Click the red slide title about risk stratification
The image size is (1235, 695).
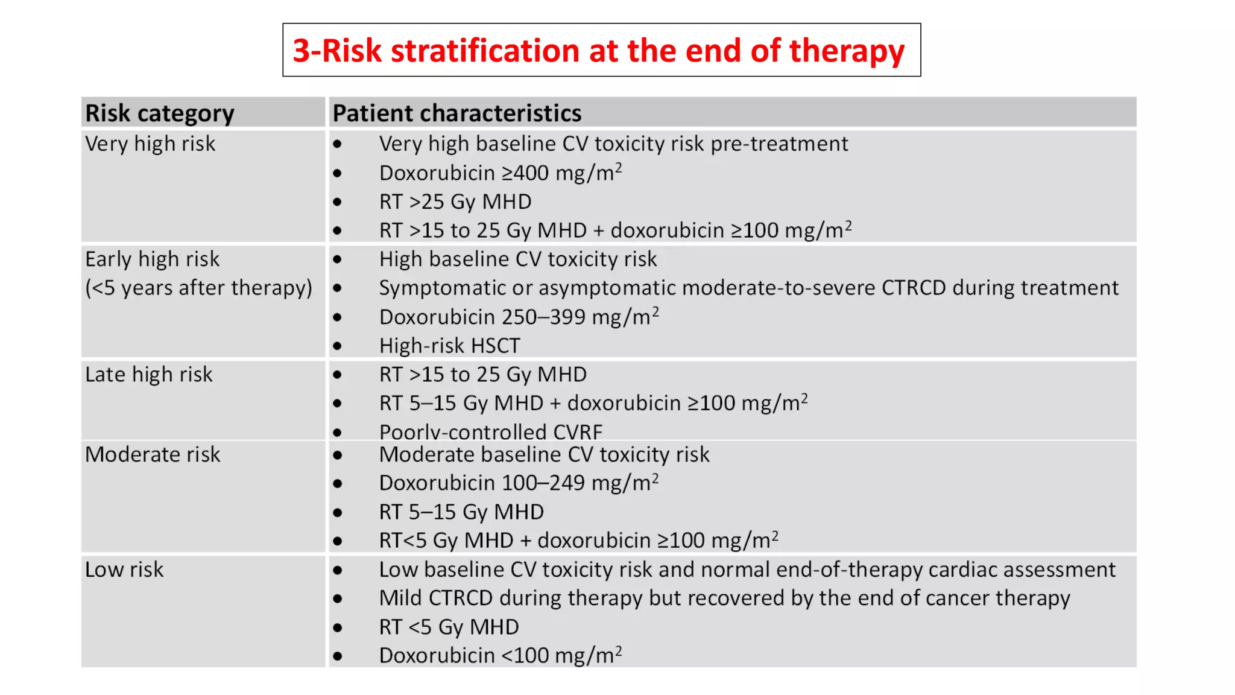pos(598,51)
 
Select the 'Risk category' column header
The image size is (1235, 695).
pos(160,113)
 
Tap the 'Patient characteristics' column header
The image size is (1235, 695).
pos(457,113)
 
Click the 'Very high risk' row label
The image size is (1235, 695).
pos(150,144)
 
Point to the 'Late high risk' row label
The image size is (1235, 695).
pos(149,375)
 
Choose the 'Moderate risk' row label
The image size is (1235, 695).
pos(153,454)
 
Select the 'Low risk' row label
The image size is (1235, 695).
pos(124,570)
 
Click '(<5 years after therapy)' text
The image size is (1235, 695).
pos(199,288)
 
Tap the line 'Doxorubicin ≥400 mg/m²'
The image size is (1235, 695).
pos(501,173)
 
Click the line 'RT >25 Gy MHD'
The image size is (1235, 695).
pos(455,202)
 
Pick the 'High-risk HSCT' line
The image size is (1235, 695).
pos(450,346)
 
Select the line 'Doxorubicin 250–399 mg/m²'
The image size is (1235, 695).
pos(519,317)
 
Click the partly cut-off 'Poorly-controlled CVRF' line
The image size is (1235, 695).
pos(491,432)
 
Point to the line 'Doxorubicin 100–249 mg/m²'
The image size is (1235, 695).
pos(519,483)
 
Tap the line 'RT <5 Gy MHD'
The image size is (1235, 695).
pos(449,627)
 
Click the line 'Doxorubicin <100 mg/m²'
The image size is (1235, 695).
pos(501,655)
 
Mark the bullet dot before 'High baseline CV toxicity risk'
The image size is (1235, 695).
pos(338,260)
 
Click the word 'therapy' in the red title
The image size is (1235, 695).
pos(847,51)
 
